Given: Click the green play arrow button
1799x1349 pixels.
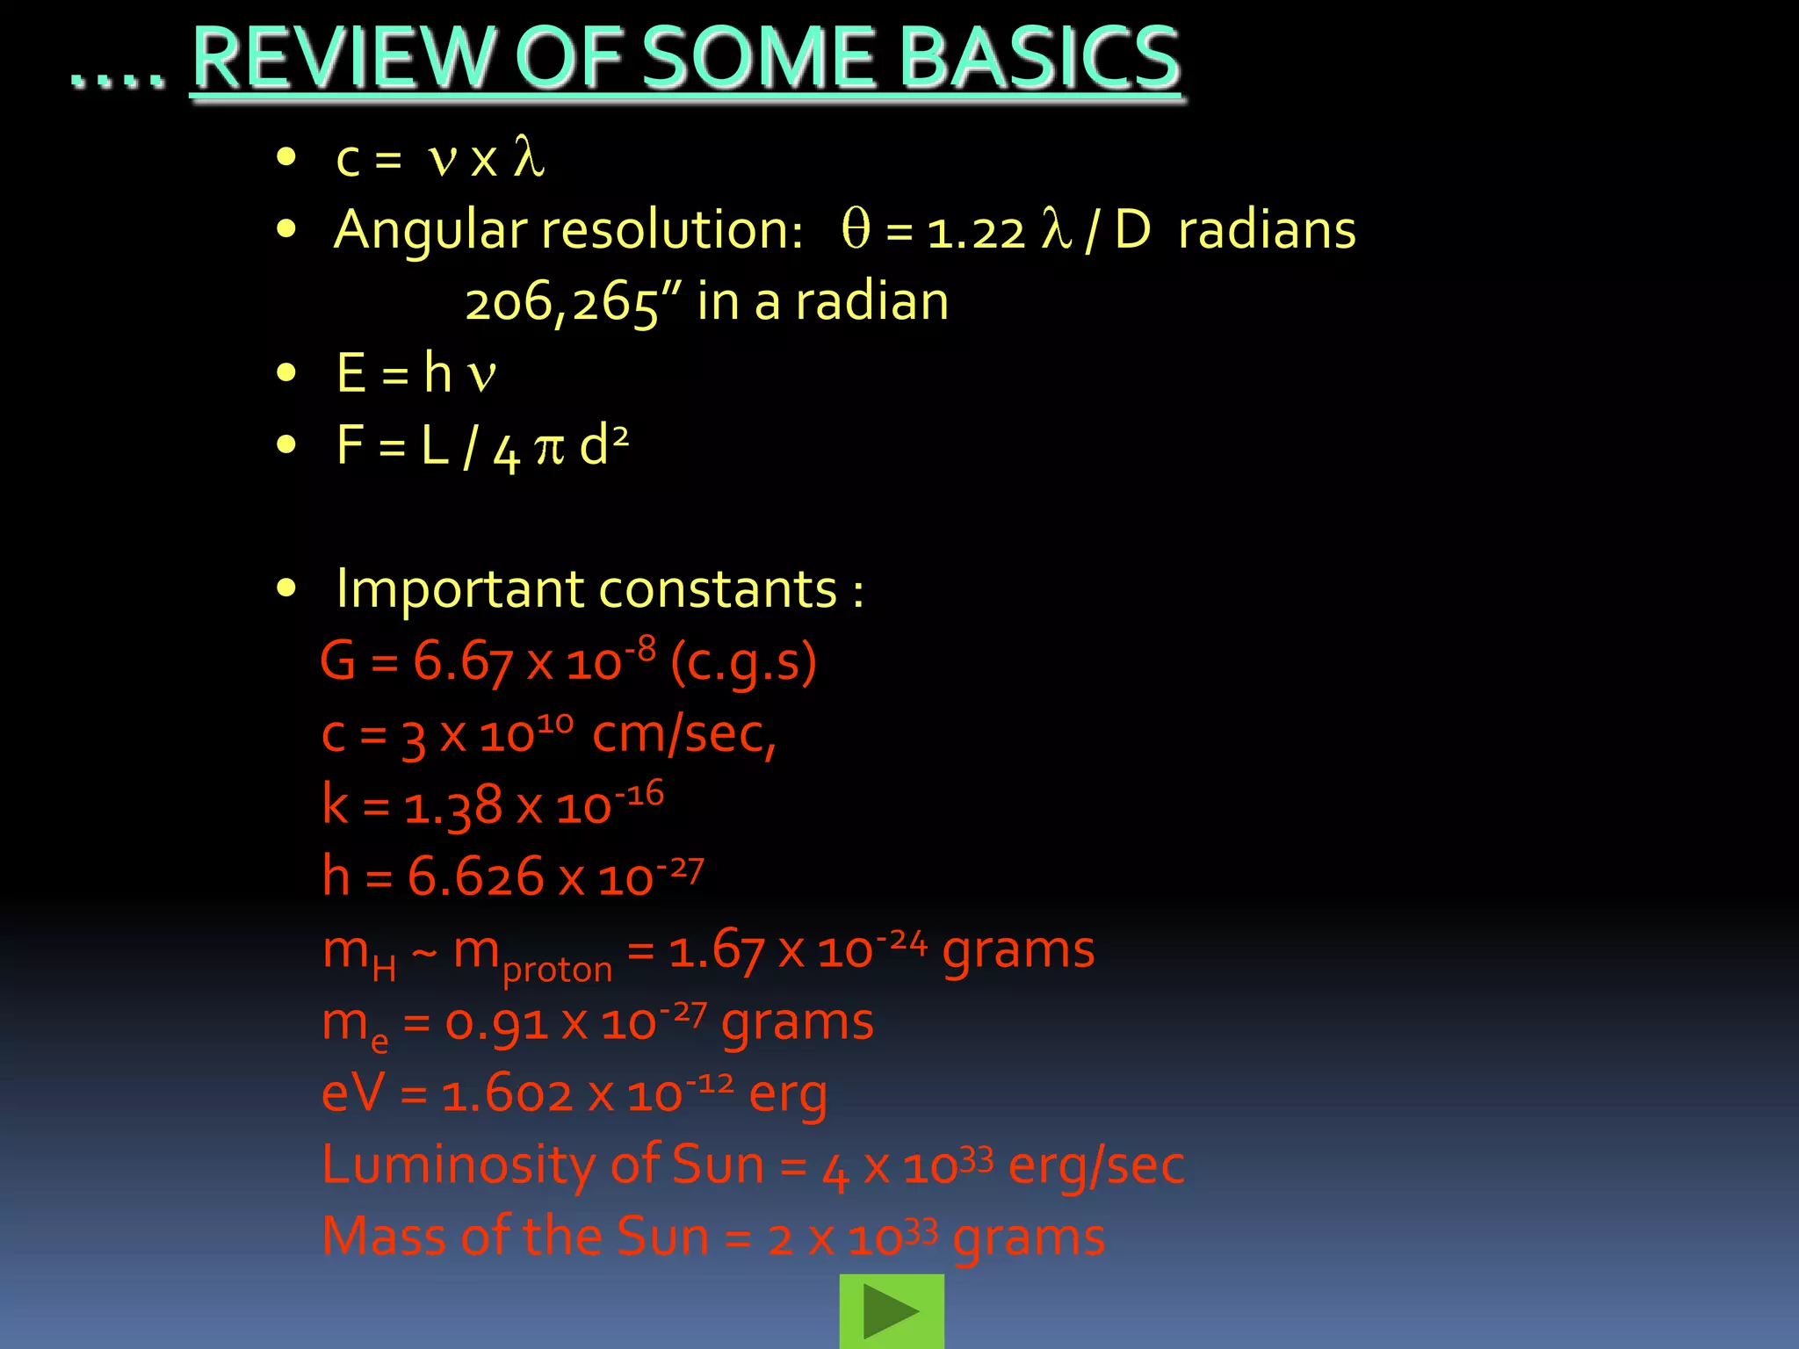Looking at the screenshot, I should pos(891,1311).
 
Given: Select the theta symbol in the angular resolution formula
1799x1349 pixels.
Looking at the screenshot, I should pos(856,229).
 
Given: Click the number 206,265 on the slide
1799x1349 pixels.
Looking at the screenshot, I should pos(561,303).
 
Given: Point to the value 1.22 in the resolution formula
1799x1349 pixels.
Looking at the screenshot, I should pos(976,233).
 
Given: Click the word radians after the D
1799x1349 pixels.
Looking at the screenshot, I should pos(1267,231).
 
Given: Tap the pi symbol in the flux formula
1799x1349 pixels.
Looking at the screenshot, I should pos(549,447).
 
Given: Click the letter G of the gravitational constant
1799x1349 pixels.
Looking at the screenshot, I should pos(338,660).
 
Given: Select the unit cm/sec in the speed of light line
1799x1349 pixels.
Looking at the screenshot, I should pos(683,734).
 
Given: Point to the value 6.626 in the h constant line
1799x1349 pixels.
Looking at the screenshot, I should pos(475,877).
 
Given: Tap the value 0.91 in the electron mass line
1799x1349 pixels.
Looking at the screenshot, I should pos(496,1023).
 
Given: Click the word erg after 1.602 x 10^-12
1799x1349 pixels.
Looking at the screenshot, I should pos(788,1096).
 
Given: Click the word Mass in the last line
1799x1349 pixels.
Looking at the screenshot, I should pos(384,1237).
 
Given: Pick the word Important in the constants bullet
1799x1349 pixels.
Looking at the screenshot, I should pos(458,588).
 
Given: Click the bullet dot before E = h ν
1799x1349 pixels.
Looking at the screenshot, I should pos(285,373).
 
